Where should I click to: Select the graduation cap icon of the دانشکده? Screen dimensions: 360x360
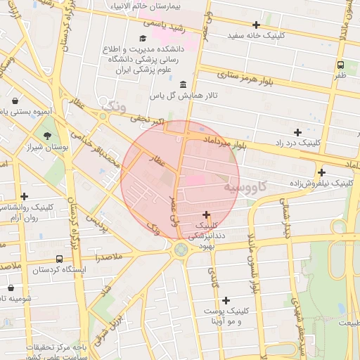point(143,39)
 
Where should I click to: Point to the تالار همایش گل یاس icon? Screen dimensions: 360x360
point(184,84)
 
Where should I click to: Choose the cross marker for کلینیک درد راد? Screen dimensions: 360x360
point(297,132)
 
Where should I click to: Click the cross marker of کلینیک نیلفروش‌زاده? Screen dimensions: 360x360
point(322,172)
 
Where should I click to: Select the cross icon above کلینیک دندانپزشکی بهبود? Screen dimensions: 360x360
point(206,214)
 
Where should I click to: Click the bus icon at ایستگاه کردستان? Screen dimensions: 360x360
point(58,259)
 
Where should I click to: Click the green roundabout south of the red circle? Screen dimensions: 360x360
point(181,249)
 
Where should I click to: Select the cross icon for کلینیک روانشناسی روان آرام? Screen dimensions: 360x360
point(25,196)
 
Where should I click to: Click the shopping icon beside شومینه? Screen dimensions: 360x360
point(11,288)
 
